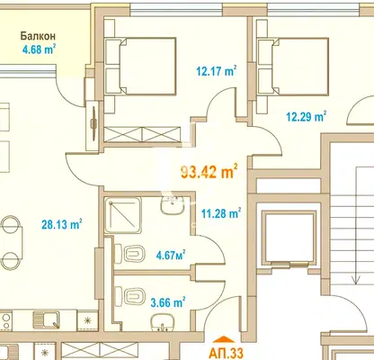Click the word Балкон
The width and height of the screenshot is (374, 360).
pos(38,36)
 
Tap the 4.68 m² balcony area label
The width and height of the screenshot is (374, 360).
pos(39,49)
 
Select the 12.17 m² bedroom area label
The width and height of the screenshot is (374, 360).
pos(217,71)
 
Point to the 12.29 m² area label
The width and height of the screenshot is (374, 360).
pos(307,116)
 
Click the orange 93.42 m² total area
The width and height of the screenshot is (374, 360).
pos(209,172)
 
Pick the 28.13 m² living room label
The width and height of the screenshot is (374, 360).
pos(62,224)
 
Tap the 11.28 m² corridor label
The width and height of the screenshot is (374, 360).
pos(221,213)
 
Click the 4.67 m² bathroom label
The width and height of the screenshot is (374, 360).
pos(171,255)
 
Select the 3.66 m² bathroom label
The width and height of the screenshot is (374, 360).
pos(168,301)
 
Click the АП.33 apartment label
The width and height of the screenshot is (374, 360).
pos(226,353)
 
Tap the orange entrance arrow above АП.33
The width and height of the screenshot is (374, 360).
pos(226,339)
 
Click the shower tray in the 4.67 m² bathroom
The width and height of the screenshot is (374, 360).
pos(123,215)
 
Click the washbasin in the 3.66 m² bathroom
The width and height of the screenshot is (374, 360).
pos(163,323)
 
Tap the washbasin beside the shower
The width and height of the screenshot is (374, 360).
pos(173,204)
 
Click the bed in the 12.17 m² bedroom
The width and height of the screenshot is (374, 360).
pos(141,66)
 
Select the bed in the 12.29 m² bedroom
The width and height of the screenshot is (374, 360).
pos(294,67)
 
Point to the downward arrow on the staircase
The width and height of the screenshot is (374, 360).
pos(356,226)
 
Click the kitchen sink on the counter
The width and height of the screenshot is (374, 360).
pos(46,320)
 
